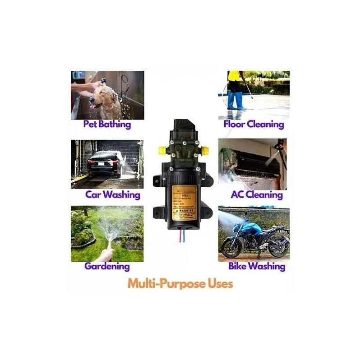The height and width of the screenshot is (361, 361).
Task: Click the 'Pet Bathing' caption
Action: click(107, 124)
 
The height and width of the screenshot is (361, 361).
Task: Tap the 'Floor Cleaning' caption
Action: click(254, 124)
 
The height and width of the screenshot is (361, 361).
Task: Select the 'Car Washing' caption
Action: click(113, 195)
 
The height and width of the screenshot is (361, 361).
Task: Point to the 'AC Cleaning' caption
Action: click(256, 195)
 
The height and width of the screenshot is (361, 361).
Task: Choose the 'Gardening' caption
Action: click(107, 266)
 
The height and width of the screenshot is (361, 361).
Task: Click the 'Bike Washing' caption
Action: click(257, 266)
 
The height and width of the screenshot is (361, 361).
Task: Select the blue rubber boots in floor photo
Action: click(236, 101)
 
